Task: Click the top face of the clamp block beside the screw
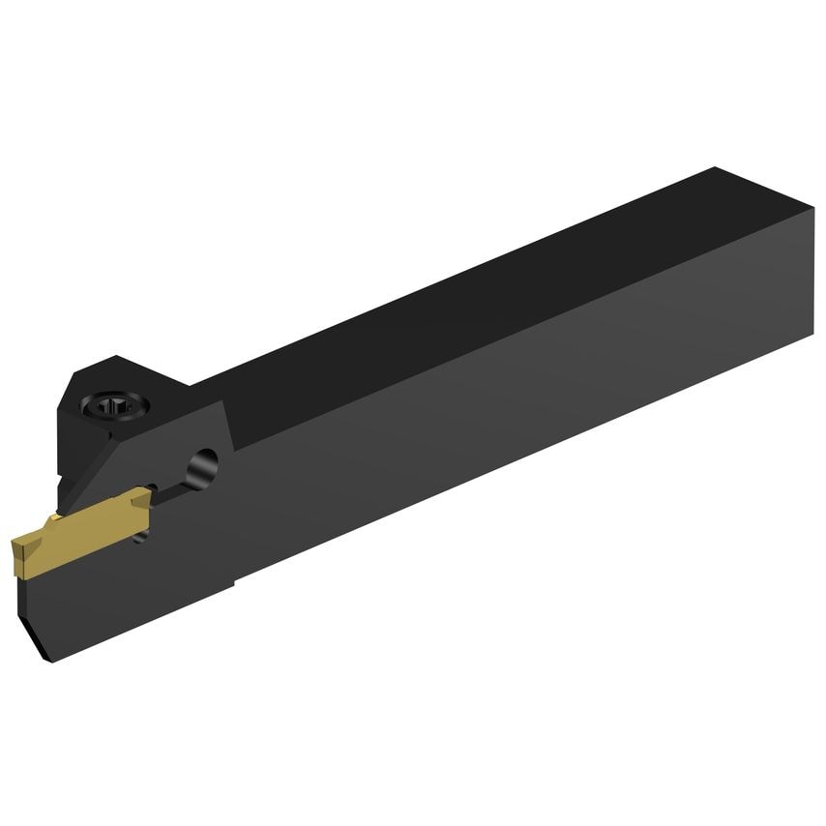click(145, 382)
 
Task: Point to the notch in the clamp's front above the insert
click(64, 484)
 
